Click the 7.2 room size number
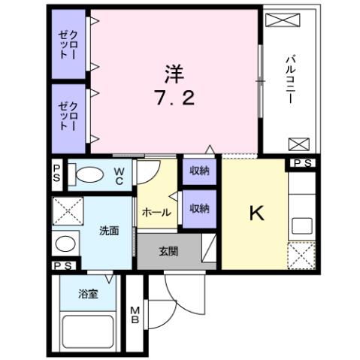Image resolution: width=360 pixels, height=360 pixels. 174,97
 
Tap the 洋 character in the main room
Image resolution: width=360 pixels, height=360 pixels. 174,74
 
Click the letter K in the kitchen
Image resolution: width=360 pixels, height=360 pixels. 256,214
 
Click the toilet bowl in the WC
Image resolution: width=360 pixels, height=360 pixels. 89,174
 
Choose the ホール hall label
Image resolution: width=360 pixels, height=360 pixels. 156,213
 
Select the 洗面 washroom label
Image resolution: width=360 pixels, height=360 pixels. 109,231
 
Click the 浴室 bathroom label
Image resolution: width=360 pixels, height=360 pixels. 89,294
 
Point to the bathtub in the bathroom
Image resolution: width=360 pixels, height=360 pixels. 89,330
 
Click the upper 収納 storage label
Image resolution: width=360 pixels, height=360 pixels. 199,172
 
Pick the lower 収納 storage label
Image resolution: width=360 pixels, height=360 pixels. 199,208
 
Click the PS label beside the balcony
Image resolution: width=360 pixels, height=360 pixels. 304,162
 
